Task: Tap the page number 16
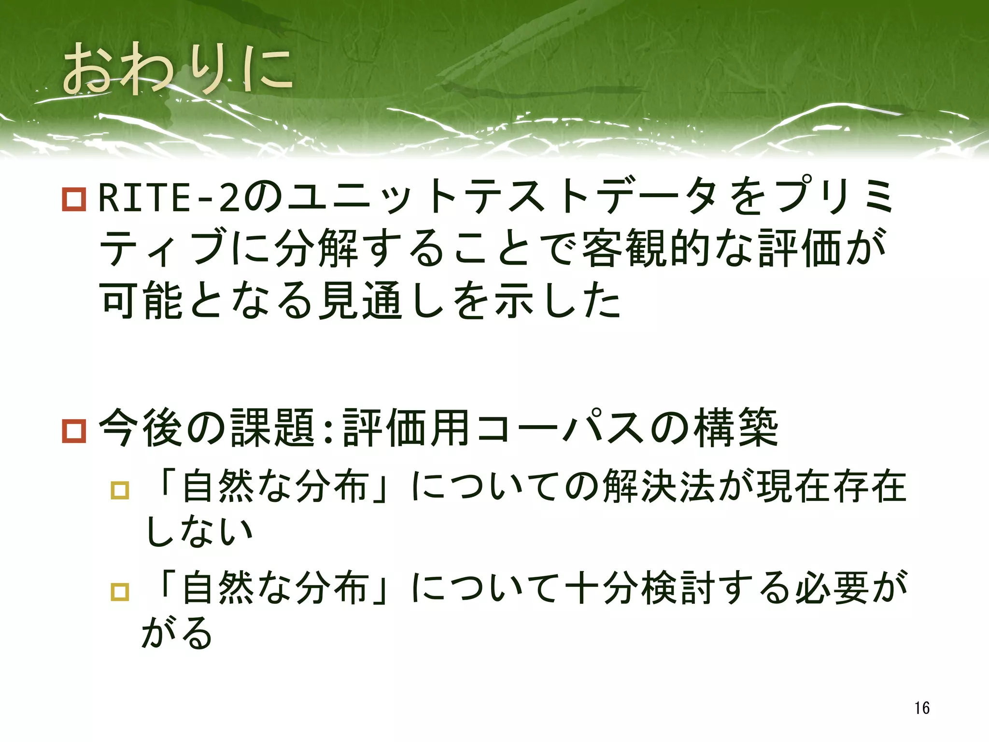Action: pyautogui.click(x=921, y=708)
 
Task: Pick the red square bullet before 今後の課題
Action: pyautogui.click(x=74, y=430)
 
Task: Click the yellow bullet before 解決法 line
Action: pyautogui.click(x=120, y=490)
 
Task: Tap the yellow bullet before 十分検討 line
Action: pyautogui.click(x=120, y=591)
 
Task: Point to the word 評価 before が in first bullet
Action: pyautogui.click(x=799, y=249)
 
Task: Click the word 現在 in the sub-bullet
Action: pyautogui.click(x=794, y=487)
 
